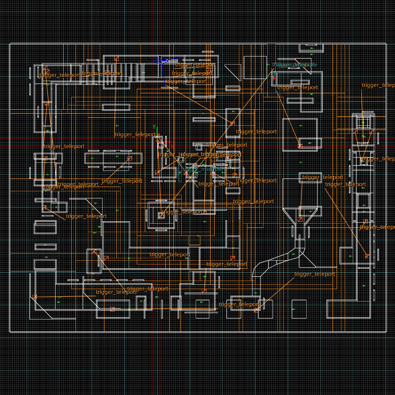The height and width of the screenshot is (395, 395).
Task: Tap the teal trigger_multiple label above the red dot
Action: click(295, 65)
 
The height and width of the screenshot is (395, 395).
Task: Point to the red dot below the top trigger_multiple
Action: click(274, 79)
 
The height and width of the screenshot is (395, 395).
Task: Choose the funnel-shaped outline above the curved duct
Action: click(301, 214)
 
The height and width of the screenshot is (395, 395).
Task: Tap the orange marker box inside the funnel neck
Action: click(300, 219)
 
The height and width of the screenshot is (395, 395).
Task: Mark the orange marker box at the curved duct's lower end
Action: click(257, 310)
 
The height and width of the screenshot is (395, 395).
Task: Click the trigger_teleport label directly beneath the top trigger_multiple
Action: click(297, 87)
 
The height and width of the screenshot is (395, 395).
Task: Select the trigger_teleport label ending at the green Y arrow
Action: click(135, 134)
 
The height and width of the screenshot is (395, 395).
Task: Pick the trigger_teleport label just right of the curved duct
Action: click(315, 274)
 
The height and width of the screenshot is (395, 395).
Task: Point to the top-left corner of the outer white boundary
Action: click(10, 44)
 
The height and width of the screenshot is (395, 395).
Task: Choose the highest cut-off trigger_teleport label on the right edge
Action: click(378, 85)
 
